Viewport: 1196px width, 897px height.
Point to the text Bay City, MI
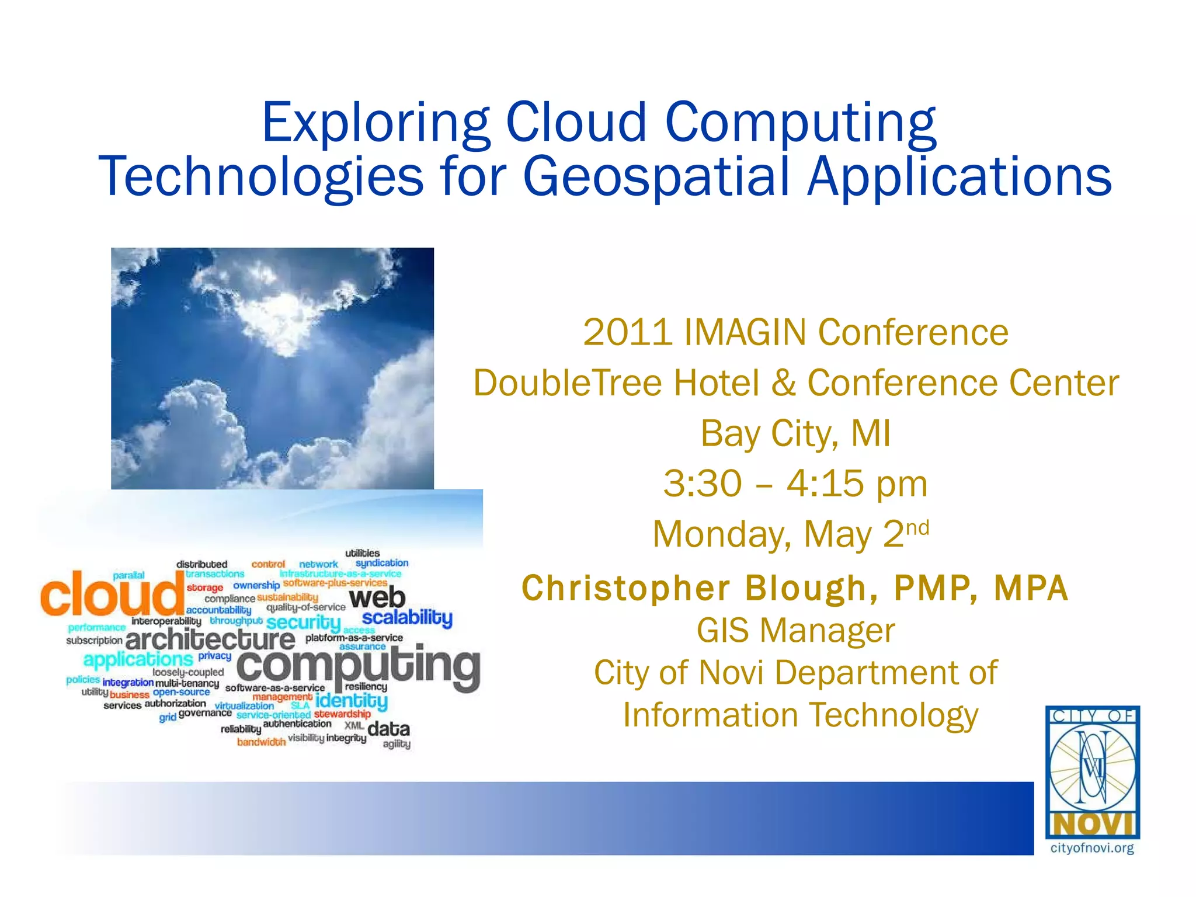(x=795, y=434)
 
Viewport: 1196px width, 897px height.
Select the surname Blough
(x=811, y=588)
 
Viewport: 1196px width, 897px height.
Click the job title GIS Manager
(x=795, y=631)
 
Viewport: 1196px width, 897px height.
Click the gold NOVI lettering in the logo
(x=1092, y=825)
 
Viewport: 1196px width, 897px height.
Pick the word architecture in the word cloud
(x=210, y=639)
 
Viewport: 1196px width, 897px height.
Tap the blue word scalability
(x=407, y=617)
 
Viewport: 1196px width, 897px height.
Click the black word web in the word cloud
(x=377, y=598)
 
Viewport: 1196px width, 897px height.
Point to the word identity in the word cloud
(x=351, y=700)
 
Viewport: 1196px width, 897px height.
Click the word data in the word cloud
(x=388, y=729)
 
